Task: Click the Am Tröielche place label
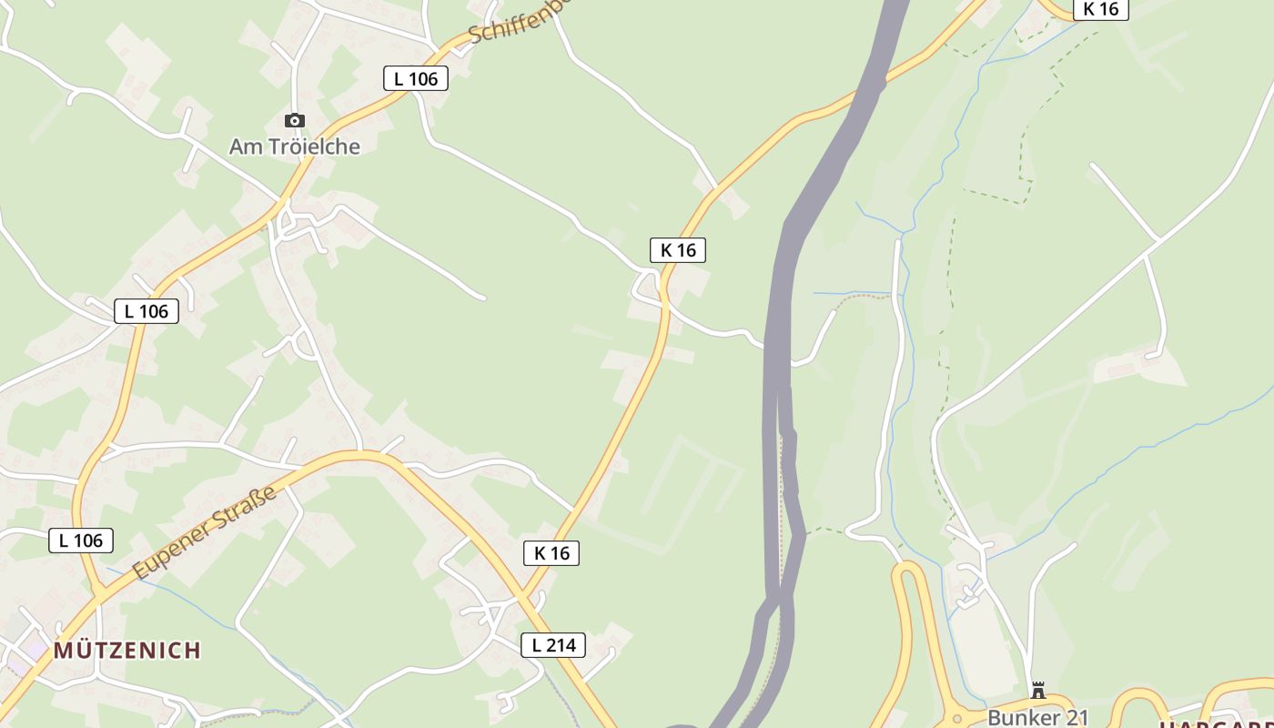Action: (294, 147)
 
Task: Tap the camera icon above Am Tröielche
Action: (294, 120)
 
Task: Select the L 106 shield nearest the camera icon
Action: (416, 78)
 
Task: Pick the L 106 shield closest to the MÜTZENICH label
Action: (81, 540)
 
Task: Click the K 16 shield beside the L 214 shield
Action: (551, 552)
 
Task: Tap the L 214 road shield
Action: (553, 645)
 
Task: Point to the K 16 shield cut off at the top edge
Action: (1100, 9)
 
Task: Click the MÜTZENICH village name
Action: (126, 650)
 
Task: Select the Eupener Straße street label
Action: (204, 533)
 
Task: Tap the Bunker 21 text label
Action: (1037, 717)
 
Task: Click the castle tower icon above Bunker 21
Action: (1037, 691)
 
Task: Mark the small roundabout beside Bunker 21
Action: (956, 719)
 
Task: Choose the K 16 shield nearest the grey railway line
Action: (678, 249)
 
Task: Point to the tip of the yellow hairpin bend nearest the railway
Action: (906, 568)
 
